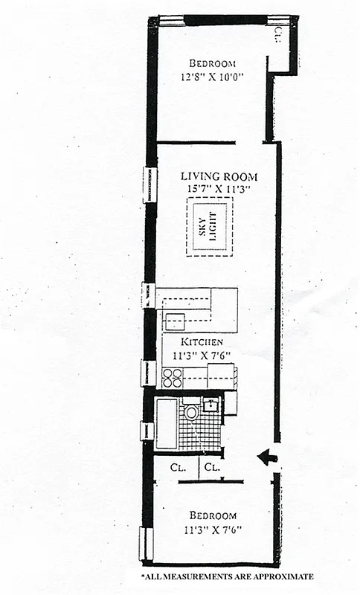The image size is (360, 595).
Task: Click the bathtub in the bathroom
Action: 166,423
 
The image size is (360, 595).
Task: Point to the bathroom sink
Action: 211,405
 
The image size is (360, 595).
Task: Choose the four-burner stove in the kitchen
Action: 173,378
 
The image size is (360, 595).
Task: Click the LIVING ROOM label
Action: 219,177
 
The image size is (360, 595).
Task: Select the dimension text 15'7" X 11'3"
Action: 219,190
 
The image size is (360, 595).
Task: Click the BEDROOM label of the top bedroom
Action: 213,63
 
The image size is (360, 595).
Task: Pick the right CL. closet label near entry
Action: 213,468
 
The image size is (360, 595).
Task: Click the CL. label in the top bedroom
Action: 277,33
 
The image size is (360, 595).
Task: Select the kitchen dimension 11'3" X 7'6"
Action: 196,355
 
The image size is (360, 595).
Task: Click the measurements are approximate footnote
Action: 227,576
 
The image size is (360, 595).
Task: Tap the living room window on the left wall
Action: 150,184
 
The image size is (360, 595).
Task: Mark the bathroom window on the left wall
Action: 147,431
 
